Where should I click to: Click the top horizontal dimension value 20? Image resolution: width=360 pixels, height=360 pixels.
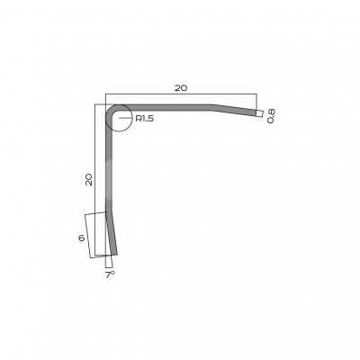click(181, 88)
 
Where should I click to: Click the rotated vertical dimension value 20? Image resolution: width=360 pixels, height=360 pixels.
click(89, 180)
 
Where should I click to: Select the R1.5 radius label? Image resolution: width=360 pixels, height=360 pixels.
click(145, 119)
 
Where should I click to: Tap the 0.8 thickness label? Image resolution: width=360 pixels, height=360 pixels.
click(271, 116)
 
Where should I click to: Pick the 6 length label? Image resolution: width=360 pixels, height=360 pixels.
click(81, 238)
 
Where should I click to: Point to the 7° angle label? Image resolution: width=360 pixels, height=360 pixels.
click(110, 274)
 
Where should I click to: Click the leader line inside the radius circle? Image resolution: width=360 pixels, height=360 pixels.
click(124, 118)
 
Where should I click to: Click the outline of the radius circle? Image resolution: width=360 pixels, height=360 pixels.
click(132, 118)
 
